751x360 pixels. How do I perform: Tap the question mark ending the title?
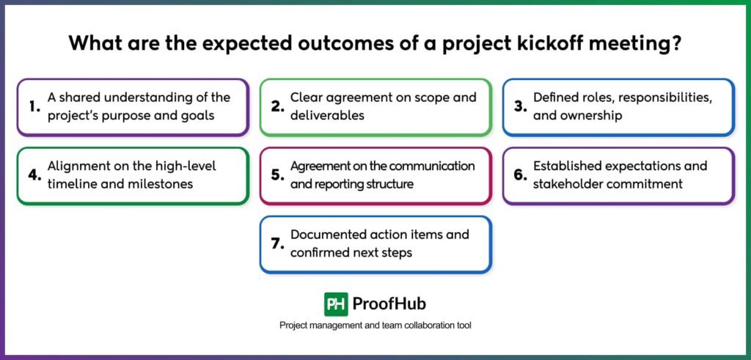678,43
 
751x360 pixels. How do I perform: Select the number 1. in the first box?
34,107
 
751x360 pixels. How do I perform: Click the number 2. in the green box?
277,107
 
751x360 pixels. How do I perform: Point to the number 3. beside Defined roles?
520,107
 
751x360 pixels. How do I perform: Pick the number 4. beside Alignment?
34,175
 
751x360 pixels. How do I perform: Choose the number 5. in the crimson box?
277,175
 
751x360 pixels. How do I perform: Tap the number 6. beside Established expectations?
520,175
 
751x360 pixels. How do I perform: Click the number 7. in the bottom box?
277,244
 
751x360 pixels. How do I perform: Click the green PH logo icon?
336,304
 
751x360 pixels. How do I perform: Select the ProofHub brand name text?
389,304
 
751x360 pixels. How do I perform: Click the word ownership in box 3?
592,115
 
